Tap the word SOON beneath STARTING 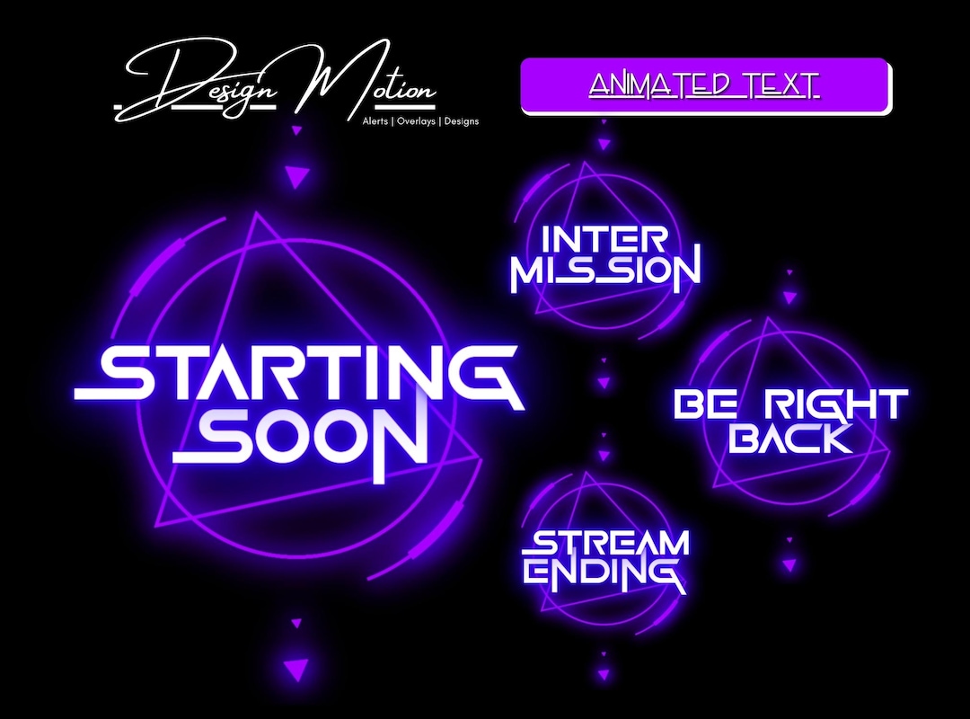[301, 439]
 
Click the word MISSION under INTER [604, 271]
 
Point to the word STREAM [608, 543]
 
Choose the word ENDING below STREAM [604, 573]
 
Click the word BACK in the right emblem [790, 438]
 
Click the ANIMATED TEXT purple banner [705, 86]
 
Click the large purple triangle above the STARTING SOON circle [296, 176]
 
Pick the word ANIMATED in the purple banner [659, 85]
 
